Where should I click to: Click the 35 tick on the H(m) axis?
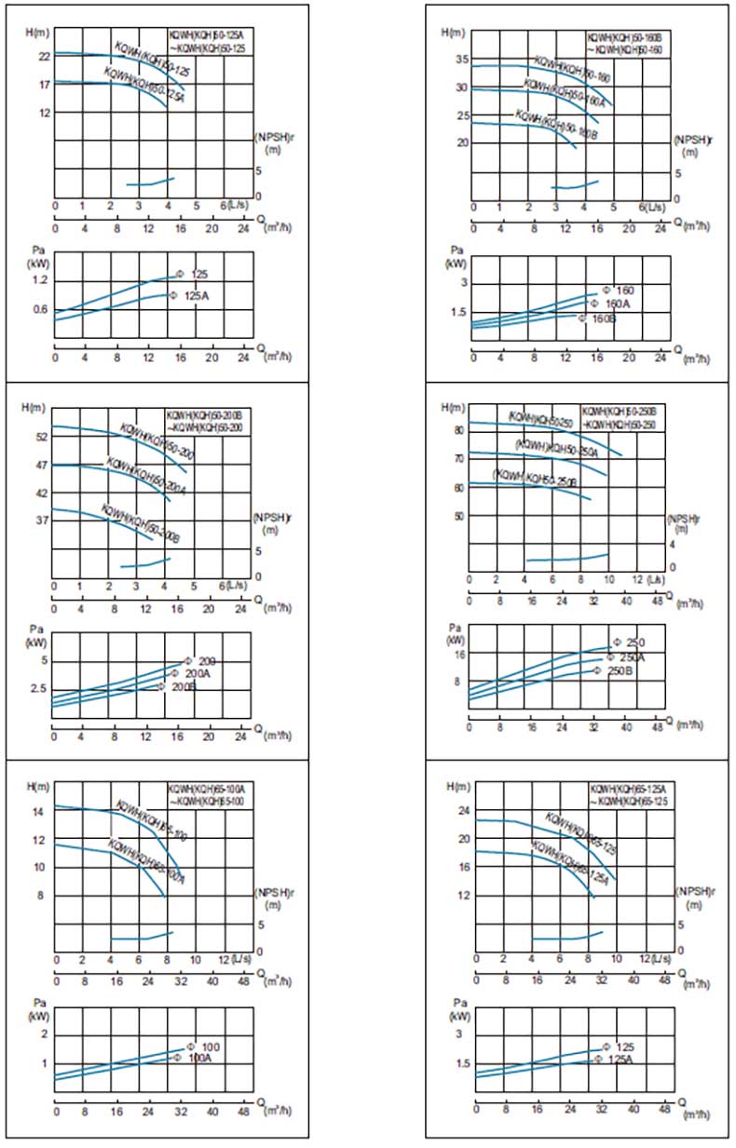[x=458, y=60]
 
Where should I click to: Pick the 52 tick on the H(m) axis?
[x=43, y=436]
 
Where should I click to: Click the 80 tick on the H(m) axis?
[x=458, y=430]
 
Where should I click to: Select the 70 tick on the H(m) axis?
[x=458, y=459]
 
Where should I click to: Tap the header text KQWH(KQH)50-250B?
[x=620, y=411]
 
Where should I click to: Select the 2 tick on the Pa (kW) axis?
[x=44, y=1035]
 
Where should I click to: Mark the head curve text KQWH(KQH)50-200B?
[x=140, y=524]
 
